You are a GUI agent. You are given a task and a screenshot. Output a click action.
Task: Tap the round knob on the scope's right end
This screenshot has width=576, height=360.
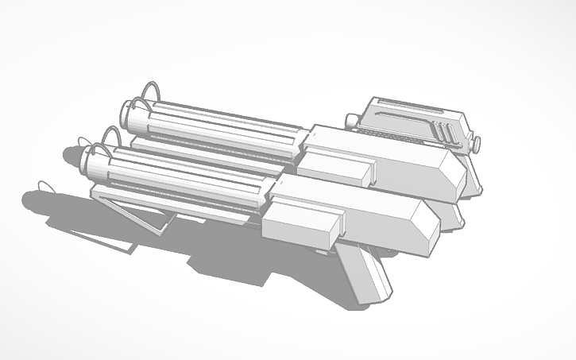tap(478, 144)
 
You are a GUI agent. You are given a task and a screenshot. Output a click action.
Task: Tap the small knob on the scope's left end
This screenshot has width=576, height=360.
tap(350, 119)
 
